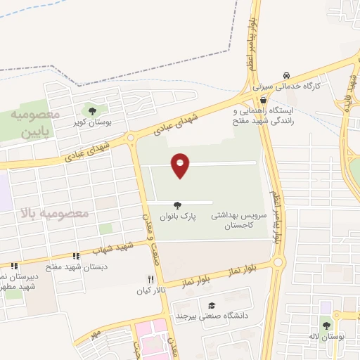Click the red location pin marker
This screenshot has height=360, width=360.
pos(180,165)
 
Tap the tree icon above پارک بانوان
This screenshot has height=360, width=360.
pos(178,206)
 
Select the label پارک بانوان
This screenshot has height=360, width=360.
pos(178,217)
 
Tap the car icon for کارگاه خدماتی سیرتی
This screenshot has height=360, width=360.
pos(286,75)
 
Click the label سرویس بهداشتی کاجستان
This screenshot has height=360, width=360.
pos(240,222)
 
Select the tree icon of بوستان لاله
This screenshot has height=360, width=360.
pos(326,324)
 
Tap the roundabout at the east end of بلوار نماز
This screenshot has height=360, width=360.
pos(278,263)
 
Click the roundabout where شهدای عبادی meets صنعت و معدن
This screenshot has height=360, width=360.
pos(131,139)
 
